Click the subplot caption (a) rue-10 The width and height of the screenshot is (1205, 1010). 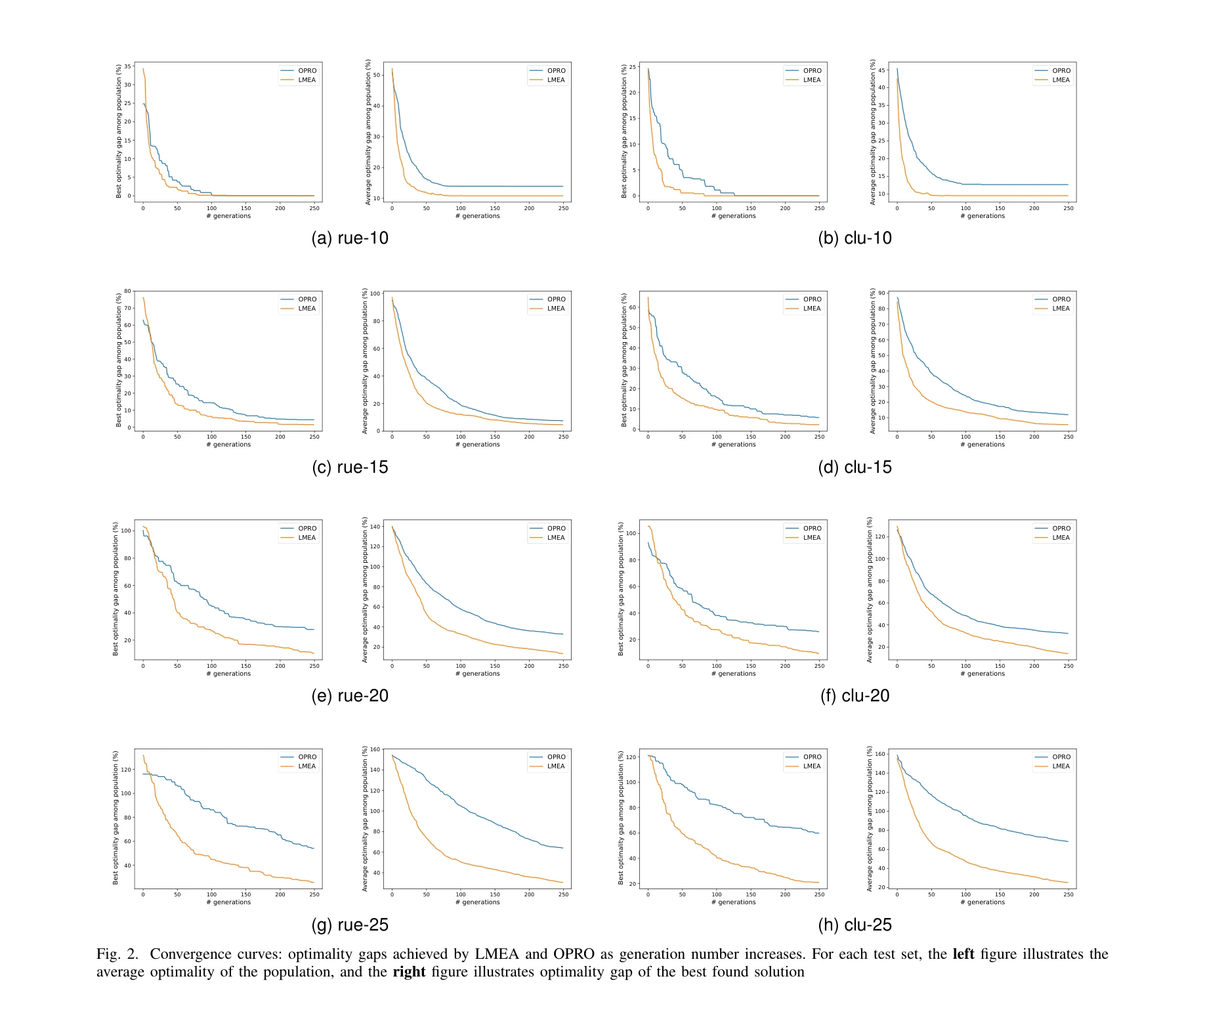(350, 238)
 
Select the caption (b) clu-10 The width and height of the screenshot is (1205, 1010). (855, 238)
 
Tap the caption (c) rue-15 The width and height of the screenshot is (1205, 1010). (350, 468)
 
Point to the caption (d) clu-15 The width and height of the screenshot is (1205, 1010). (855, 468)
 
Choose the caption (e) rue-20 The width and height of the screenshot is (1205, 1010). (350, 696)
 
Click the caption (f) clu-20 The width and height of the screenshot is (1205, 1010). (855, 696)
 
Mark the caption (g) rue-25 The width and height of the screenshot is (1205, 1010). (350, 925)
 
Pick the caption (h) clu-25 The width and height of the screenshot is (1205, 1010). (855, 925)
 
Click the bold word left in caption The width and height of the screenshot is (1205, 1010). (963, 954)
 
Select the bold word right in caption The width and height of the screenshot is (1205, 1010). (409, 972)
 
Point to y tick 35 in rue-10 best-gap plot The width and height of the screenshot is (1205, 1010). (128, 67)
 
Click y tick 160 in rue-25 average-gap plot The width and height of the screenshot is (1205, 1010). (375, 749)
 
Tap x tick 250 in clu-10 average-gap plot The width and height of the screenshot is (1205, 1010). (1068, 208)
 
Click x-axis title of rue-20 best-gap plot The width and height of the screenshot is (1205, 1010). (228, 674)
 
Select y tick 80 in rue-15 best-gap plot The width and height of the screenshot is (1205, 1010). (128, 291)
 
